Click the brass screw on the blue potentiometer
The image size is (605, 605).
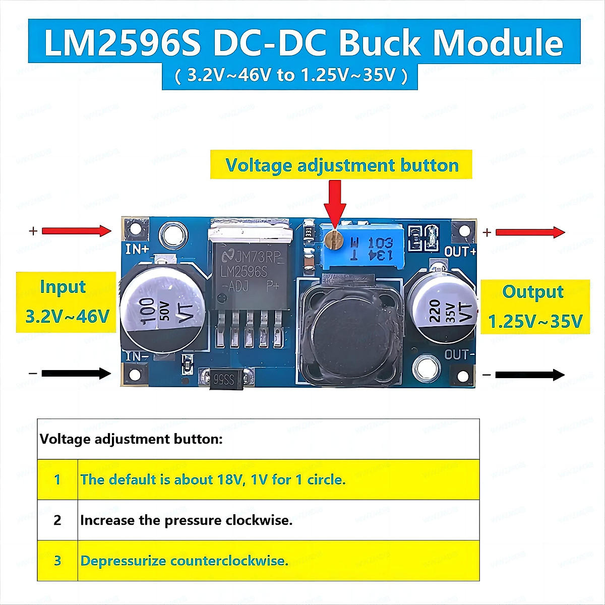[x=332, y=238]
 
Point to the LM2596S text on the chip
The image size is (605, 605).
[x=244, y=272]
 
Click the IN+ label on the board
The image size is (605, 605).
[x=137, y=249]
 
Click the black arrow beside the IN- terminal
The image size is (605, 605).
[x=76, y=374]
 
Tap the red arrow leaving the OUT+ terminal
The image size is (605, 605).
[x=530, y=232]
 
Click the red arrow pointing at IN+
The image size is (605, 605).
[x=76, y=231]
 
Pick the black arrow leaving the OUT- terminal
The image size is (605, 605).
[x=530, y=375]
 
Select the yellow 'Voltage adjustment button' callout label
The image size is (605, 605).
[x=341, y=165]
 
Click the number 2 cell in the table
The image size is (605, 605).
[x=57, y=520]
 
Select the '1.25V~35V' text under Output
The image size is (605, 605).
[x=535, y=321]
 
